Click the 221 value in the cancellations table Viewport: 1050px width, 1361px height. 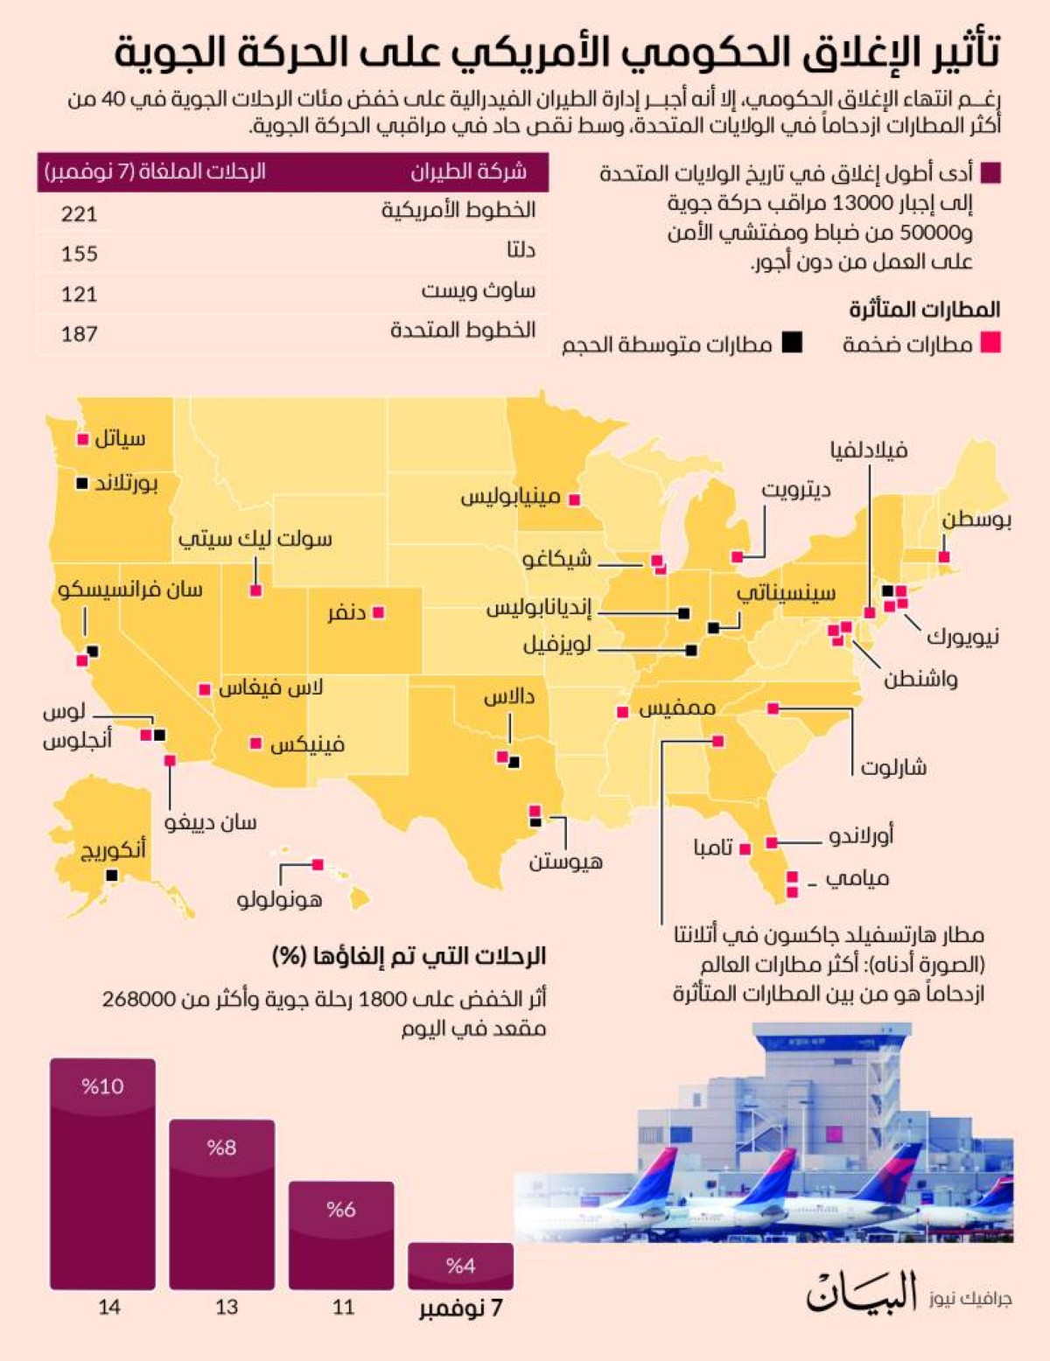79,213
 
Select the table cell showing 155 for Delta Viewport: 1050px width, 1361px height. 79,254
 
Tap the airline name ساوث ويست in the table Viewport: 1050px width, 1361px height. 479,290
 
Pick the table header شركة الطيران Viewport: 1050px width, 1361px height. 468,171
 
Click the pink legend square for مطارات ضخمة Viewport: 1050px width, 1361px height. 990,342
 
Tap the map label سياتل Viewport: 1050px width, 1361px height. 120,438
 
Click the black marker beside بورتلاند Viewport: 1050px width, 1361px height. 82,483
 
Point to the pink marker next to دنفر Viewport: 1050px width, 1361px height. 379,612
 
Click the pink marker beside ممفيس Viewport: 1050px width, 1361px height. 622,712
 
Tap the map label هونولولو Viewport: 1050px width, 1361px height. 279,898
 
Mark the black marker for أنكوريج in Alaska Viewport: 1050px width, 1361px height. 111,876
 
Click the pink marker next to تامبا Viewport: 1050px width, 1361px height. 745,848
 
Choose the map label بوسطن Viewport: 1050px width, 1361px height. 976,520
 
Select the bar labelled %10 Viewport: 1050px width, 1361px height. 102,1174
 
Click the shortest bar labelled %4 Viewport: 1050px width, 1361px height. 460,1266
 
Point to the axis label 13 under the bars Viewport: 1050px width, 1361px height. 227,1307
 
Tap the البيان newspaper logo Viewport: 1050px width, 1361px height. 861,1292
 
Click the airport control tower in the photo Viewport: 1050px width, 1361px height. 805,1058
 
